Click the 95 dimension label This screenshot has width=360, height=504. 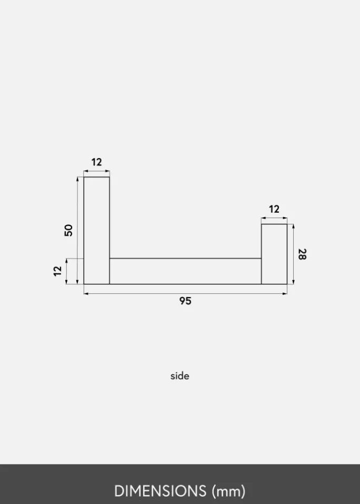click(x=185, y=301)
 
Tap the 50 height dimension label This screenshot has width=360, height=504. click(x=68, y=231)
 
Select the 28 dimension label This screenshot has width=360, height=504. click(x=302, y=254)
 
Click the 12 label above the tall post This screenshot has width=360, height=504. click(x=97, y=162)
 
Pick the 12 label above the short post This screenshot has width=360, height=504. click(x=274, y=209)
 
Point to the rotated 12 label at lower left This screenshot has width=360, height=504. click(x=57, y=271)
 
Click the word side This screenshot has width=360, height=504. click(x=180, y=375)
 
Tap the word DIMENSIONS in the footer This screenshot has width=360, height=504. click(x=160, y=491)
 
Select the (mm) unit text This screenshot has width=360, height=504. click(x=228, y=491)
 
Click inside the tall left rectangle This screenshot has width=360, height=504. click(x=97, y=231)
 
